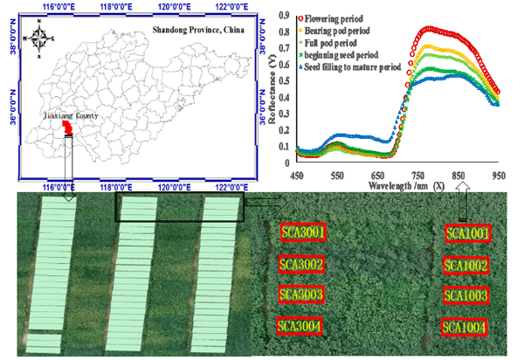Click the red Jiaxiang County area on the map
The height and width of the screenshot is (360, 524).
tap(67, 129)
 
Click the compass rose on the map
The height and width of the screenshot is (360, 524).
tap(40, 38)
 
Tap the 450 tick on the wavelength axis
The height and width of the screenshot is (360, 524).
tap(298, 174)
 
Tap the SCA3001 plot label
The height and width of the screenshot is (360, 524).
tap(303, 232)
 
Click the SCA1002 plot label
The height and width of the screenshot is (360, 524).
tap(468, 266)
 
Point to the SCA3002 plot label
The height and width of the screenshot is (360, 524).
tap(302, 264)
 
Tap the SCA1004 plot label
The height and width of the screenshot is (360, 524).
tap(465, 328)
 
